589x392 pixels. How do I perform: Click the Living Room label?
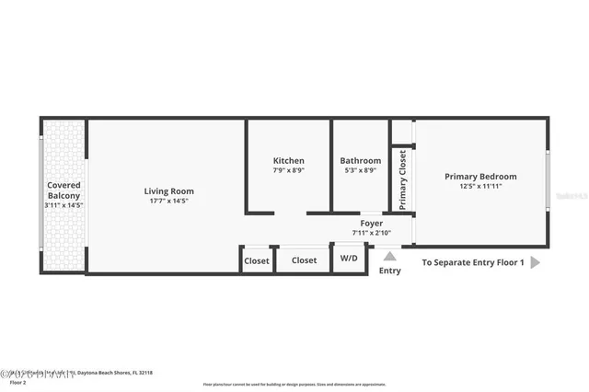[x=169, y=191]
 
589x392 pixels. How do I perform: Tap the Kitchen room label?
[x=288, y=161]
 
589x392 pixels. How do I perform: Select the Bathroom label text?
[x=360, y=161]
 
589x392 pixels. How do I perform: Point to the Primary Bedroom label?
[x=480, y=177]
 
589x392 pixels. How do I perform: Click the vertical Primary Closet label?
[x=402, y=179]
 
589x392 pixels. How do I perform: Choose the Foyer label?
[x=371, y=224]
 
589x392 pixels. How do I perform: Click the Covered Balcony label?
[x=64, y=190]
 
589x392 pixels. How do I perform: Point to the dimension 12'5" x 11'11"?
[x=480, y=186]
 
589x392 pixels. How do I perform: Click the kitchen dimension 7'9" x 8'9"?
[x=288, y=170]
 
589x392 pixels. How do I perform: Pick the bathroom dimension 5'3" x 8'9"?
[x=360, y=170]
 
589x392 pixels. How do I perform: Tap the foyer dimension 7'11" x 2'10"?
[x=371, y=233]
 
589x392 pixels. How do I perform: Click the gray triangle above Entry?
[x=389, y=257]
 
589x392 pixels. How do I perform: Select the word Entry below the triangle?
[x=389, y=271]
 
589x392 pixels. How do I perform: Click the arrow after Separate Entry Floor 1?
[x=536, y=262]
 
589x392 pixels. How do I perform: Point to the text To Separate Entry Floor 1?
[x=473, y=262]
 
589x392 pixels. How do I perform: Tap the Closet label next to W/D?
[x=304, y=260]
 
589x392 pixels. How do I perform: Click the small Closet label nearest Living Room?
[x=257, y=260]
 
